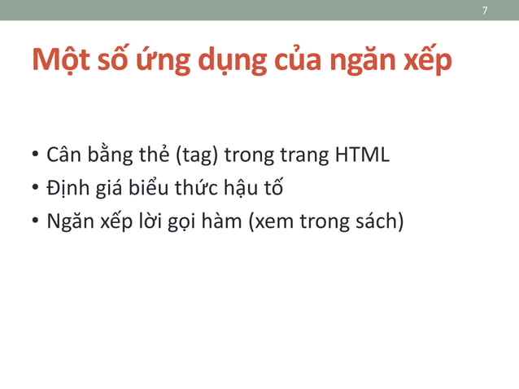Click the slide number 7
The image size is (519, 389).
[485, 11]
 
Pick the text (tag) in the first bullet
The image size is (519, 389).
[196, 155]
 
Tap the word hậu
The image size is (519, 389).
[242, 188]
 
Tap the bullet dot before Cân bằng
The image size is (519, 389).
[36, 155]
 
